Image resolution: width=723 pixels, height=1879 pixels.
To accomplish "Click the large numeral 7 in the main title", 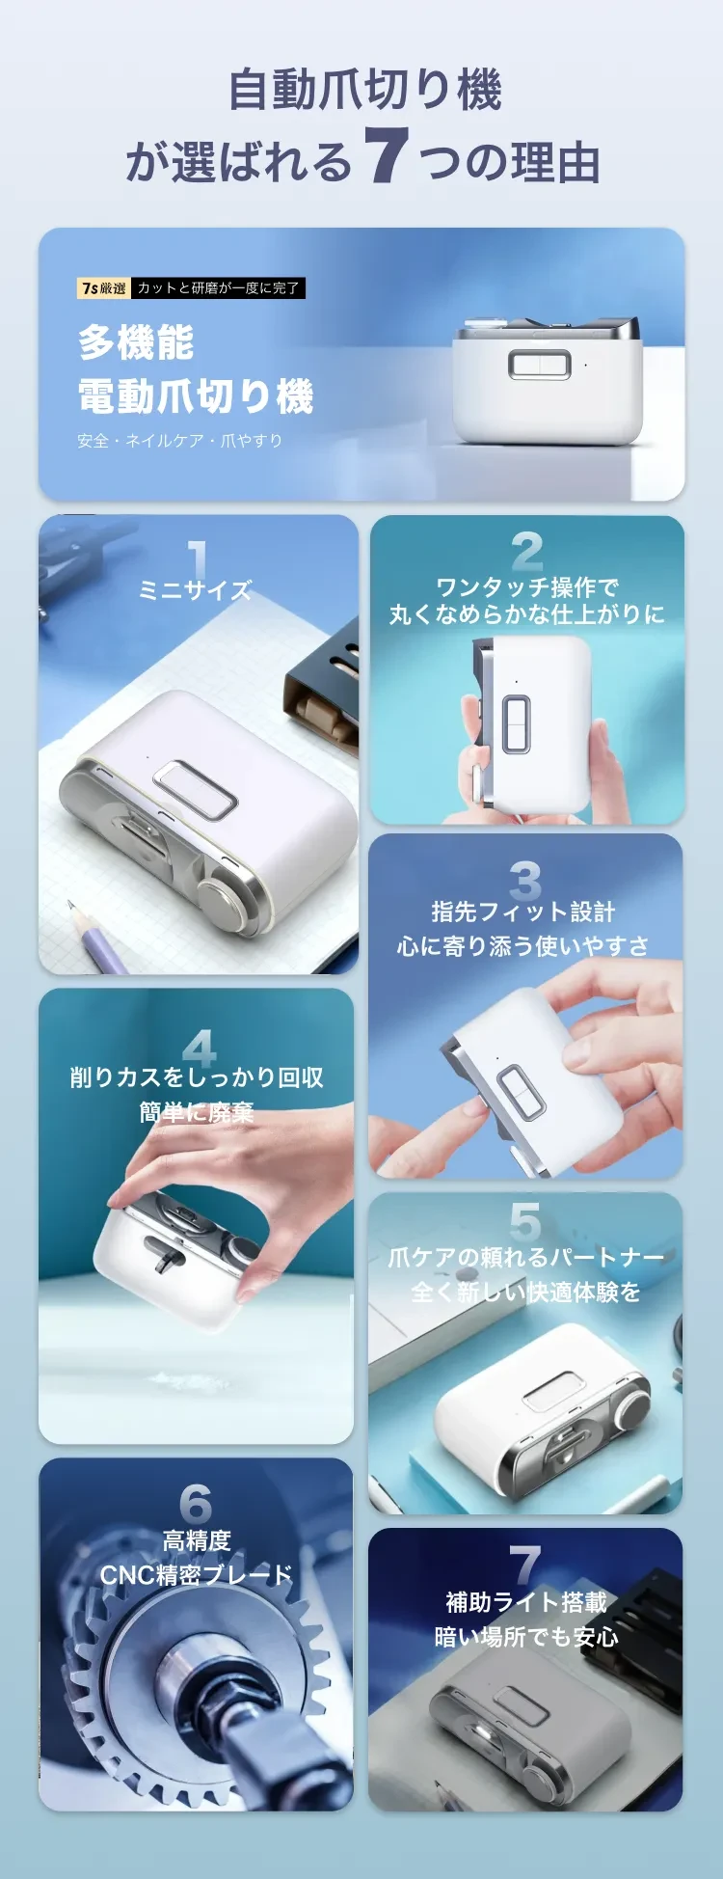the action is pos(385,155).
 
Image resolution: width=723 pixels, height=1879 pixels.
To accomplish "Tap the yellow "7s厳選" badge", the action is pos(104,287).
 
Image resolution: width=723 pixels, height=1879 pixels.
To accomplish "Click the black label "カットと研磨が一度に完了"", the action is pos(218,287).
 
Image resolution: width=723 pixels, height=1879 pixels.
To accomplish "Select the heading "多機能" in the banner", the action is pos(137,342).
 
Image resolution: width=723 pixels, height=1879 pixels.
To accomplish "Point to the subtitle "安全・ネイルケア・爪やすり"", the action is pos(180,441).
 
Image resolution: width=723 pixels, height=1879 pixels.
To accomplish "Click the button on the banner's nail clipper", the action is pos(540,364).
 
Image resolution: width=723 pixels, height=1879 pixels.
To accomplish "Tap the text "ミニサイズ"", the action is pos(196,590).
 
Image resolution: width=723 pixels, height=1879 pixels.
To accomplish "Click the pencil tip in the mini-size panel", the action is pos(70,905).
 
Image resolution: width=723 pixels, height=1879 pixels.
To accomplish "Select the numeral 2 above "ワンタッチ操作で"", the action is pos(527,552).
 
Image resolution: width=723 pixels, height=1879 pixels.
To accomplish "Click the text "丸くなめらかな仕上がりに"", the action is pos(527,614).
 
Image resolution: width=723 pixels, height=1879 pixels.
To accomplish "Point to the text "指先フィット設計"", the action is pos(523,912).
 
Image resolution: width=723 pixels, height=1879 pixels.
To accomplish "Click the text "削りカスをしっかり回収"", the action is pos(197,1077).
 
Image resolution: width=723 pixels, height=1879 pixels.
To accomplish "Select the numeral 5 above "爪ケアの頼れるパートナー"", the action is pos(525,1221).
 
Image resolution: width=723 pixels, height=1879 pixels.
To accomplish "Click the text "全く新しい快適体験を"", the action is pos(525,1292).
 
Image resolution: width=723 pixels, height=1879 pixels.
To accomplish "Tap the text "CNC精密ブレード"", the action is pos(197,1575).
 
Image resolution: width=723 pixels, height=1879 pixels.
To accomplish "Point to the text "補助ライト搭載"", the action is pos(526,1602).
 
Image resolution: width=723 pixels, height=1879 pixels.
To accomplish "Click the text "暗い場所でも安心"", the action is pos(526,1637).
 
